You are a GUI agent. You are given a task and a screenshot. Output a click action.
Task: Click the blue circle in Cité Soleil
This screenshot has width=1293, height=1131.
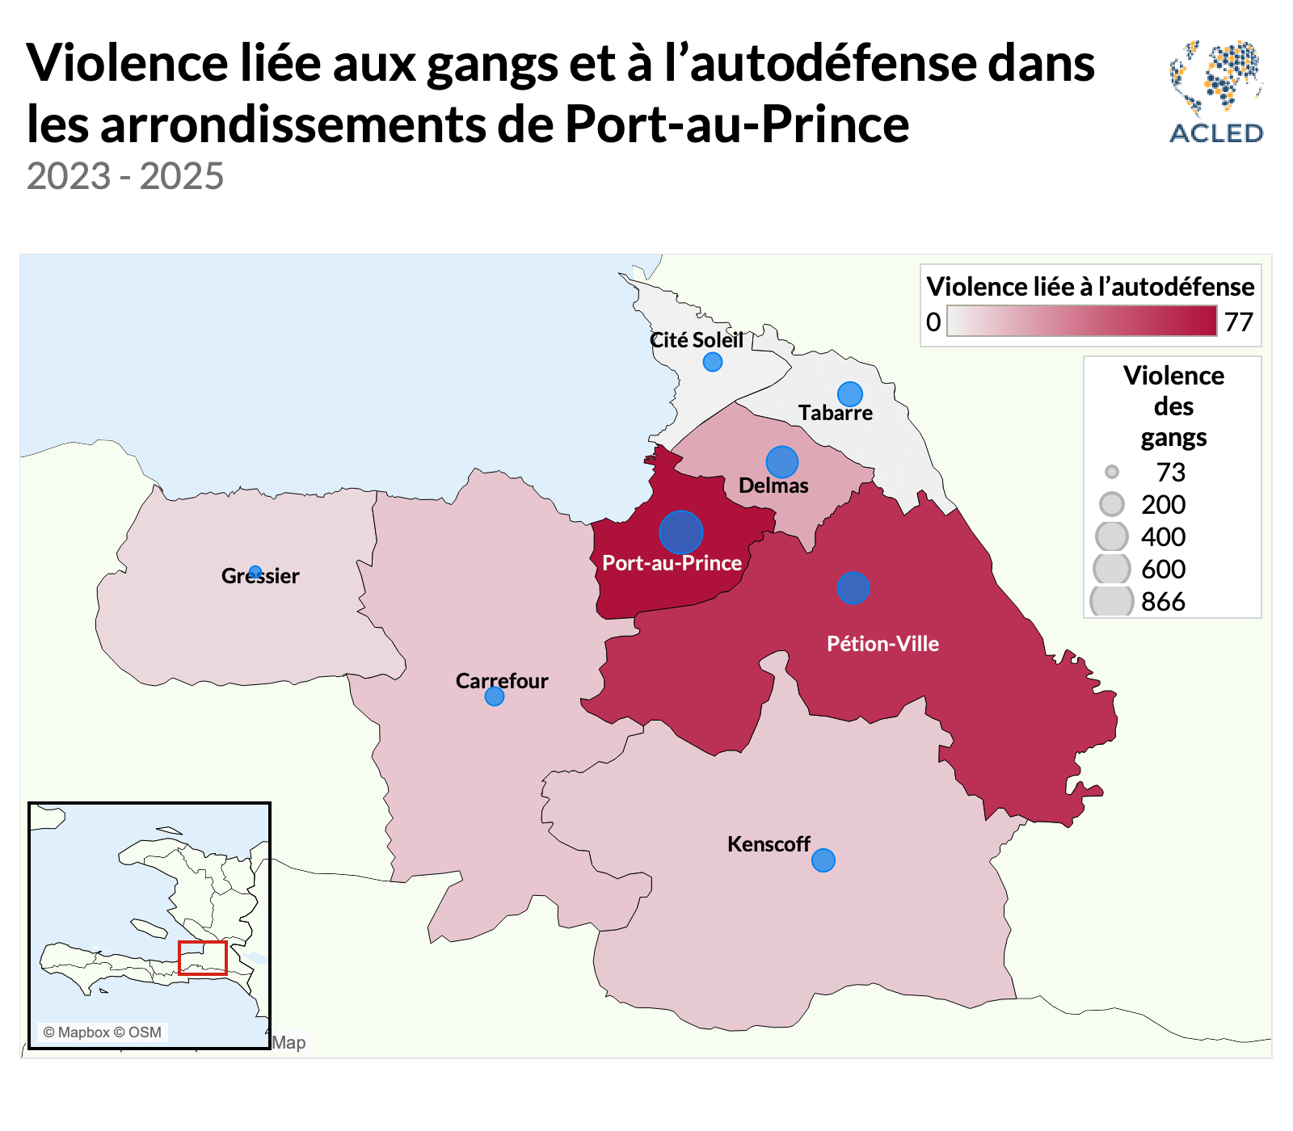click(x=712, y=362)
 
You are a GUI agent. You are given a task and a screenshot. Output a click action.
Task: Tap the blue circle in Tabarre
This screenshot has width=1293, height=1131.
click(x=849, y=394)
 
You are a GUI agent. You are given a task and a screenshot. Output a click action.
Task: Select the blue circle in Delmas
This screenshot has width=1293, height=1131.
click(x=781, y=462)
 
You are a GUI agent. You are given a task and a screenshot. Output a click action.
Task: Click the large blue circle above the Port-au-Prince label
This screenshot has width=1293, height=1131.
click(x=680, y=532)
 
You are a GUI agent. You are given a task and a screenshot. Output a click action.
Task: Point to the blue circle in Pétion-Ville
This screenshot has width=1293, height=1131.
click(x=853, y=588)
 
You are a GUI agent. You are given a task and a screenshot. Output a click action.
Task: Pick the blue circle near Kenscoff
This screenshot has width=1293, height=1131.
click(x=823, y=860)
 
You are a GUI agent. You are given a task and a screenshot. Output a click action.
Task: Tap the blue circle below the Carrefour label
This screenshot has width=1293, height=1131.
click(x=494, y=696)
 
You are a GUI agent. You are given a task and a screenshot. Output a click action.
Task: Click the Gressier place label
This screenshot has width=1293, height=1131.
click(x=260, y=576)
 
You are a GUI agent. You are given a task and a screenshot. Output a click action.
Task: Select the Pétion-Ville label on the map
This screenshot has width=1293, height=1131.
click(x=882, y=644)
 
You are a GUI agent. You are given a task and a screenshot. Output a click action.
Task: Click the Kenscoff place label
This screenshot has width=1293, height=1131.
click(x=769, y=844)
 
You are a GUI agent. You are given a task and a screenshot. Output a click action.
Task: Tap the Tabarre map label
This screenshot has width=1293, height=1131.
click(x=836, y=413)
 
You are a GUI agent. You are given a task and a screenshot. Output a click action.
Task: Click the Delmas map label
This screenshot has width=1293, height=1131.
click(x=773, y=486)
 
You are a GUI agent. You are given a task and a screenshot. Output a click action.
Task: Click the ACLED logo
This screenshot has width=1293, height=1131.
click(x=1216, y=92)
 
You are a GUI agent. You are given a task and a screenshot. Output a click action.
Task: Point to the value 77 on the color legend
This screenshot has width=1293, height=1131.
click(x=1238, y=322)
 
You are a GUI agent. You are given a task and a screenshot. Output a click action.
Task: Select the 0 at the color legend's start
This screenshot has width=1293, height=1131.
click(x=933, y=322)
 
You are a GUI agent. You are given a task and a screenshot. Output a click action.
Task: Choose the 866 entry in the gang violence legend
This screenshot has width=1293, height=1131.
click(x=1163, y=602)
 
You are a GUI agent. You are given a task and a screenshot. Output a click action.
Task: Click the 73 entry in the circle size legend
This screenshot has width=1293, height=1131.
click(x=1170, y=473)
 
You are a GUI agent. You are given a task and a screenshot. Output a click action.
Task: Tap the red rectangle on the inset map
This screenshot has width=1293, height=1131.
click(x=202, y=958)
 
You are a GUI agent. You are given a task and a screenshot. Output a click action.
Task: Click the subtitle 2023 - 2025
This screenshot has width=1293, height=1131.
click(x=125, y=176)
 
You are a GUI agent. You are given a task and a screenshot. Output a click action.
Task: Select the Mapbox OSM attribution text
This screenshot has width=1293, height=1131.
click(x=103, y=1032)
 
